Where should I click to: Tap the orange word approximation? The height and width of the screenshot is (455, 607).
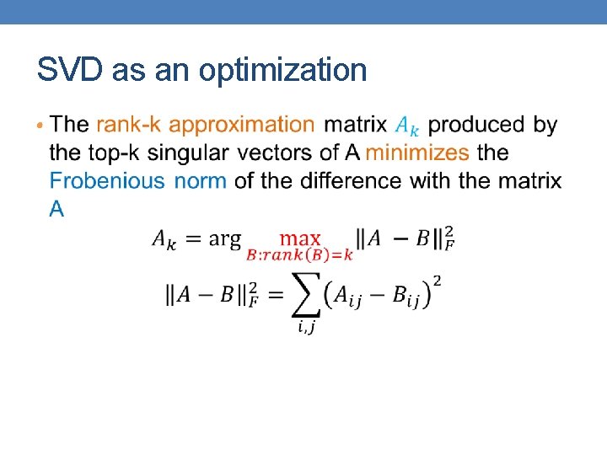pyautogui.click(x=242, y=126)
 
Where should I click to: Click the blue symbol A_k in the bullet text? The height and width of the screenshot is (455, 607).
pyautogui.click(x=406, y=126)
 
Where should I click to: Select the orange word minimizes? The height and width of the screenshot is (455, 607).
pyautogui.click(x=417, y=153)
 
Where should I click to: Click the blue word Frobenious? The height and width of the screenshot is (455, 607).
pyautogui.click(x=107, y=180)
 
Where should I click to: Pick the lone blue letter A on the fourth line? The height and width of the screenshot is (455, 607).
pyautogui.click(x=56, y=209)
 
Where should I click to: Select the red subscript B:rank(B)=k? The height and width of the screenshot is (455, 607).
pyautogui.click(x=299, y=255)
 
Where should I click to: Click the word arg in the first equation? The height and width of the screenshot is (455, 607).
pyautogui.click(x=224, y=239)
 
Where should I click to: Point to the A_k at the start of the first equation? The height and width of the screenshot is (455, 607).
pyautogui.click(x=164, y=239)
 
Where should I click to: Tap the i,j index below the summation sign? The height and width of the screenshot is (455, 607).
pyautogui.click(x=308, y=328)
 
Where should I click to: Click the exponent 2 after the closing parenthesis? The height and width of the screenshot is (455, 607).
pyautogui.click(x=437, y=281)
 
